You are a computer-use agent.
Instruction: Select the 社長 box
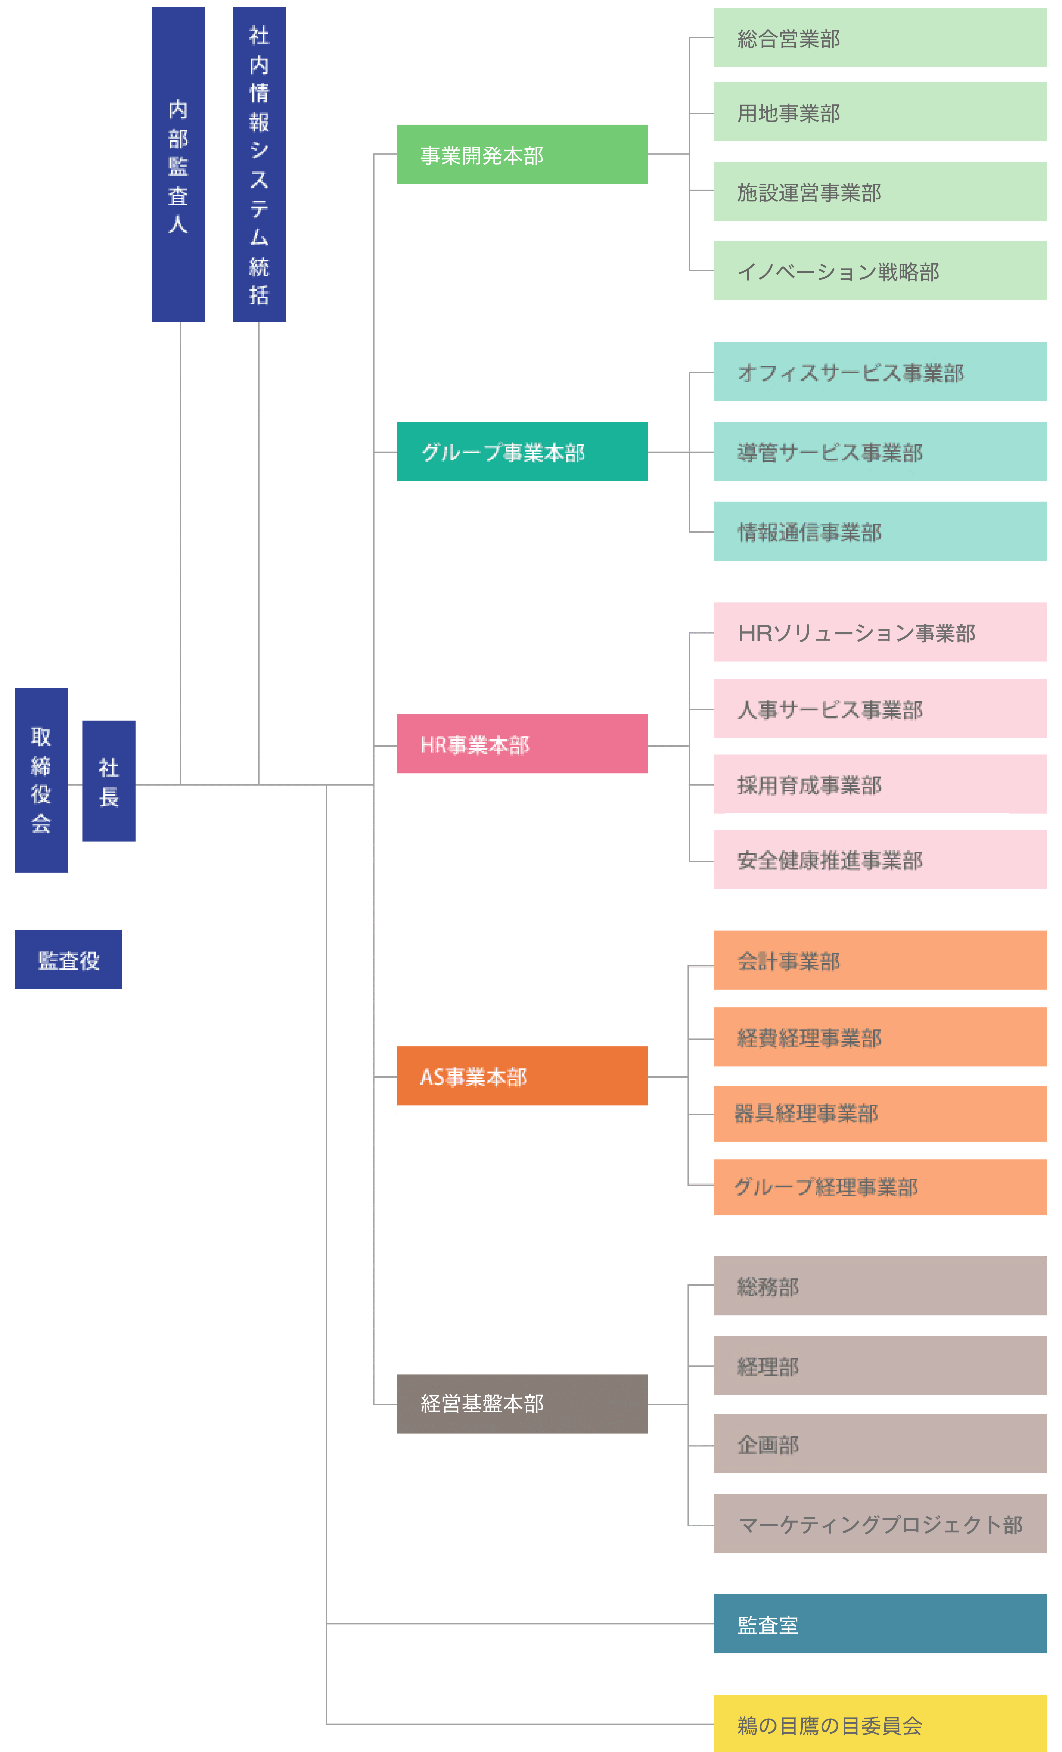click(109, 781)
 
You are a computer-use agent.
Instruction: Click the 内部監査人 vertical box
click(179, 164)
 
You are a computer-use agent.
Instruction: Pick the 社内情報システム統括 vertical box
click(260, 164)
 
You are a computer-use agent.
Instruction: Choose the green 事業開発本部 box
click(522, 154)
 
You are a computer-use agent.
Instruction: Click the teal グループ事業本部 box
click(522, 452)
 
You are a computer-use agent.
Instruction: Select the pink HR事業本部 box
click(522, 744)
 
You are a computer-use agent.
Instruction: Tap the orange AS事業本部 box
click(522, 1076)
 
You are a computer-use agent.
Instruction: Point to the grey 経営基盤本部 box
click(522, 1404)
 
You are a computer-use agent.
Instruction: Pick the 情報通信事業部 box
click(880, 531)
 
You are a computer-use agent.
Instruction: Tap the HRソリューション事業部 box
click(880, 632)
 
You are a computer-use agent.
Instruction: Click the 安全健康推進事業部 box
click(880, 859)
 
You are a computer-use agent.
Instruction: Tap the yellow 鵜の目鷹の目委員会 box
click(880, 1723)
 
